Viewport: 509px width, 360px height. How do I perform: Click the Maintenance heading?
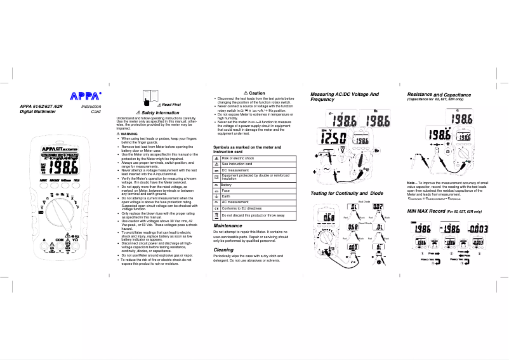[x=228, y=225]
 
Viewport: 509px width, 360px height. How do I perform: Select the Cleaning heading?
[x=223, y=250]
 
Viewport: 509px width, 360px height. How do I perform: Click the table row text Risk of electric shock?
[x=237, y=158]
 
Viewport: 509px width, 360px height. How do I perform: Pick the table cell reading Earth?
[x=226, y=196]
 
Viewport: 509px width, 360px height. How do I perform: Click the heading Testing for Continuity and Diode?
[x=347, y=192]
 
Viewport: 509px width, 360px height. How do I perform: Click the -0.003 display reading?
[x=477, y=229]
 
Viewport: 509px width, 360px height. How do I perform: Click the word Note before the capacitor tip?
[x=412, y=182]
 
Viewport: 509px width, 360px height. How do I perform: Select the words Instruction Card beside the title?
[x=91, y=109]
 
